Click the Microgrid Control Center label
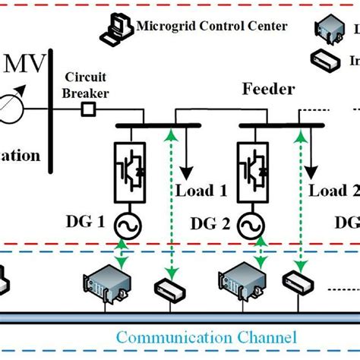tap(212, 27)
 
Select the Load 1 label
tap(202, 190)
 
